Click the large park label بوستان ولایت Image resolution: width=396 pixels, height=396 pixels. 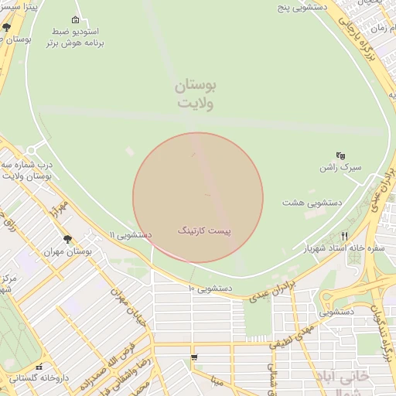coord(196,94)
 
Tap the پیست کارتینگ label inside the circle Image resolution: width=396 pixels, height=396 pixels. coord(205,230)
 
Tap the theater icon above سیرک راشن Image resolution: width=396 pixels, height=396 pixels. coord(340,155)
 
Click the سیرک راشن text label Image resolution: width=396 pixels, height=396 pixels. coord(340,167)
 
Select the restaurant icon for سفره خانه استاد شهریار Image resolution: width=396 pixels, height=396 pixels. coord(345,236)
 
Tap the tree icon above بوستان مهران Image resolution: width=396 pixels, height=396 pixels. coord(67,240)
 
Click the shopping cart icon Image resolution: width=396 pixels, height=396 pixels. coord(193,357)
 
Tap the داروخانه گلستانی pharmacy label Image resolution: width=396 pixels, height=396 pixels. coord(40,378)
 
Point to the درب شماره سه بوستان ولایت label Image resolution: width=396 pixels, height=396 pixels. coord(28,171)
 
